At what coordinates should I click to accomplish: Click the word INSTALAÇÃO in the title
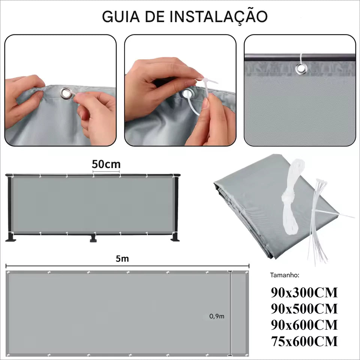click(219, 17)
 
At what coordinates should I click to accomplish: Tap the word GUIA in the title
click(121, 17)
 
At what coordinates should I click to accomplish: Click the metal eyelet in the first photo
click(66, 93)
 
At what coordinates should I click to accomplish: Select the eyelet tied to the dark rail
click(300, 69)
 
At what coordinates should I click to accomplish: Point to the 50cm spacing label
click(106, 164)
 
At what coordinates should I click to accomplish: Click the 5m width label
click(122, 258)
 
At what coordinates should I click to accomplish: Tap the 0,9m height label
click(216, 316)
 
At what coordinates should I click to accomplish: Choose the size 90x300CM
click(304, 292)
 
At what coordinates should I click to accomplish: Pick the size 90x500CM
click(304, 309)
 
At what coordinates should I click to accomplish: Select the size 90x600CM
click(304, 325)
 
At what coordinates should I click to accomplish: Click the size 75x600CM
click(304, 341)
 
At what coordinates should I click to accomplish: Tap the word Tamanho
click(285, 275)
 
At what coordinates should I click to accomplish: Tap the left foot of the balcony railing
click(11, 237)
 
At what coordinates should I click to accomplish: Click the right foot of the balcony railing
click(175, 237)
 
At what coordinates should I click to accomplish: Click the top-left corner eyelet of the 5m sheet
click(9, 273)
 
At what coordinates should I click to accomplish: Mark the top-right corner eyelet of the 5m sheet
click(247, 273)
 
